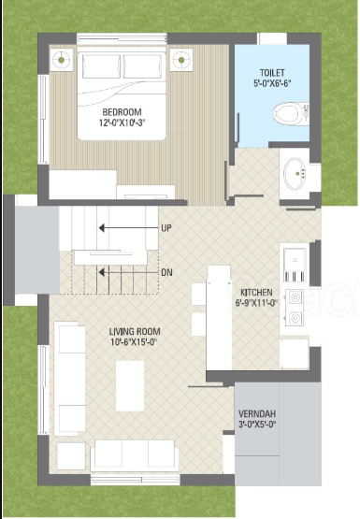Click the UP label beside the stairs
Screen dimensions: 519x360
166,227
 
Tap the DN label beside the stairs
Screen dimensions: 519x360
166,272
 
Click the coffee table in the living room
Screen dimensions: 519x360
130,384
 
